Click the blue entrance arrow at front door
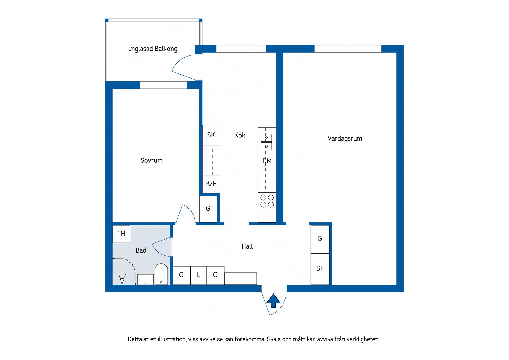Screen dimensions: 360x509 pos(273,301)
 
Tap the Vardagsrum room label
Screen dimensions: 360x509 pos(345,138)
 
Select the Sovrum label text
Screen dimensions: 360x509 pos(151,160)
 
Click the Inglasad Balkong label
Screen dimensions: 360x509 pos(153,49)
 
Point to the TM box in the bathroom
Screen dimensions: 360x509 pos(121,234)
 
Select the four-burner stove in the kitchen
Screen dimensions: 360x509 pos(267,201)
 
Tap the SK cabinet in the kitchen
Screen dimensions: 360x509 pos(211,135)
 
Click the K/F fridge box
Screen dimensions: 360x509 pos(211,184)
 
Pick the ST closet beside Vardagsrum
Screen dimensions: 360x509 pos(320,269)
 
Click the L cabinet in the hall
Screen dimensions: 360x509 pos(198,275)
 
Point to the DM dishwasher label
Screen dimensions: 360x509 pos(267,161)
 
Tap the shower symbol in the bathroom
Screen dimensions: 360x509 pos(122,279)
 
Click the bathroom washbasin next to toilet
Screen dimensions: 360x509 pos(146,279)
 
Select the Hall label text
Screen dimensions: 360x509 pos(247,246)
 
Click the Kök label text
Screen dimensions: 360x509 pos(240,135)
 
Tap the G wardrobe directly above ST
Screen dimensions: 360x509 pos(320,239)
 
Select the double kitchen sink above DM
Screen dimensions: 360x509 pos(266,142)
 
